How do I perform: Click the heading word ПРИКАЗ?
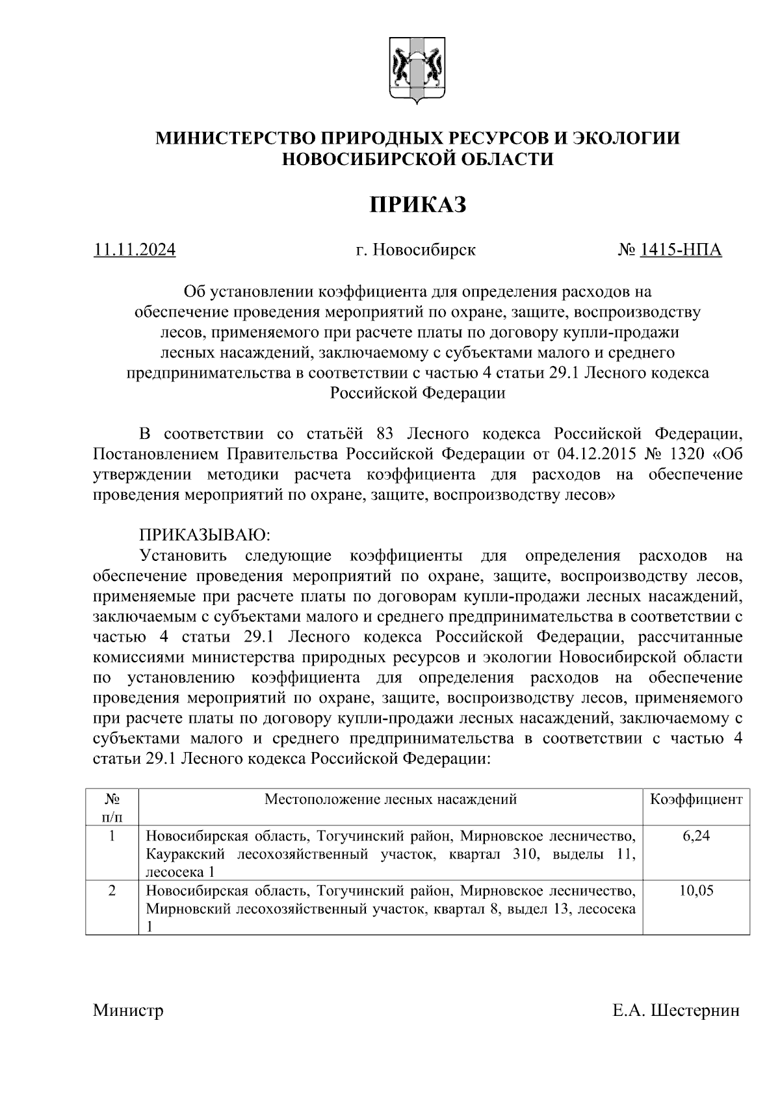[418, 205]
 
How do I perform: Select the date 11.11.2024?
[135, 250]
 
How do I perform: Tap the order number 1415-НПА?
[680, 250]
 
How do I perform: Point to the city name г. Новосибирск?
[416, 250]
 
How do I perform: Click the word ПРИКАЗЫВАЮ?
[203, 536]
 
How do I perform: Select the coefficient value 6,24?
[696, 836]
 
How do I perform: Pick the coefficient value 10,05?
[696, 890]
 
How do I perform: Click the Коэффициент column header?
[696, 799]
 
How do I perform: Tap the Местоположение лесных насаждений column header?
[391, 799]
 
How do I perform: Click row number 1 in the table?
[112, 836]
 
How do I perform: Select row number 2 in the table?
[112, 890]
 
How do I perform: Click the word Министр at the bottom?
[128, 1011]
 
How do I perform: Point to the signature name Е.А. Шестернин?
[675, 1011]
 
